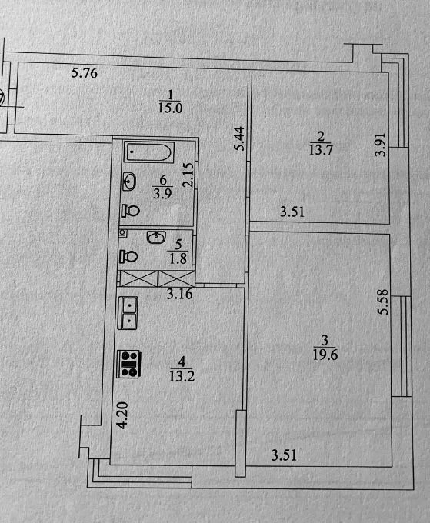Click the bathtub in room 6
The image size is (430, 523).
(x=149, y=152)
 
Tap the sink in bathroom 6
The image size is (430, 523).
(x=129, y=182)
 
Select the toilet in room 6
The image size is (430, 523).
(x=130, y=210)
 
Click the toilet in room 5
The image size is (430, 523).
(x=128, y=256)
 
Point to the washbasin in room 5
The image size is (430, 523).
(x=156, y=238)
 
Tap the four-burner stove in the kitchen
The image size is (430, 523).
(x=128, y=364)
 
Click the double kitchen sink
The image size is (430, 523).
(x=128, y=313)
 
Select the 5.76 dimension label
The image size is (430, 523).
(x=85, y=73)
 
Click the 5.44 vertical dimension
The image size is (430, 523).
(x=240, y=138)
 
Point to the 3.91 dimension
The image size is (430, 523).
(x=380, y=145)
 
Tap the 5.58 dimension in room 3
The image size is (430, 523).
(x=383, y=301)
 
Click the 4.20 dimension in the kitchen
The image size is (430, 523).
(x=122, y=415)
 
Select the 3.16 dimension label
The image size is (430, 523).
(x=179, y=294)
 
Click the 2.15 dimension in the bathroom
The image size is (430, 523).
(x=188, y=175)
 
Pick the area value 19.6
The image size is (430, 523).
(x=325, y=355)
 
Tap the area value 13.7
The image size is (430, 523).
(x=321, y=150)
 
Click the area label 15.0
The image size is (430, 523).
(x=170, y=108)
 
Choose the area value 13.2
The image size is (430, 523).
(x=182, y=377)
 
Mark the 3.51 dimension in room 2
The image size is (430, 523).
(x=292, y=212)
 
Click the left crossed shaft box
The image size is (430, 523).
(x=138, y=278)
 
